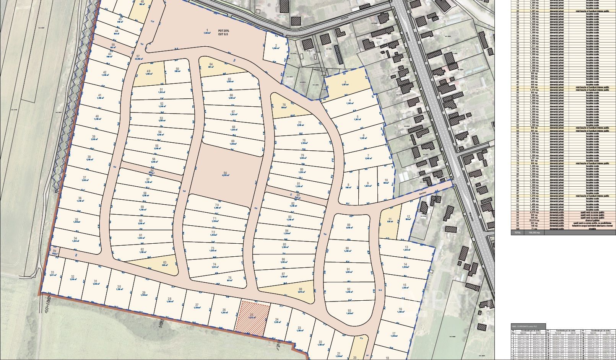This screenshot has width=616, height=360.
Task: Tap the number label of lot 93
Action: (349, 311)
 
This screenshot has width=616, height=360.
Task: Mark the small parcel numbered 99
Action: (55, 251)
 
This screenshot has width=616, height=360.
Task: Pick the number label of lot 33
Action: (52, 272)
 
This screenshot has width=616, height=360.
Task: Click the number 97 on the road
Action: (138, 57)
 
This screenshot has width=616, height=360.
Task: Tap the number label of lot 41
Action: (100, 95)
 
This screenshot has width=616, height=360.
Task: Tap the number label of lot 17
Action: (394, 334)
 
